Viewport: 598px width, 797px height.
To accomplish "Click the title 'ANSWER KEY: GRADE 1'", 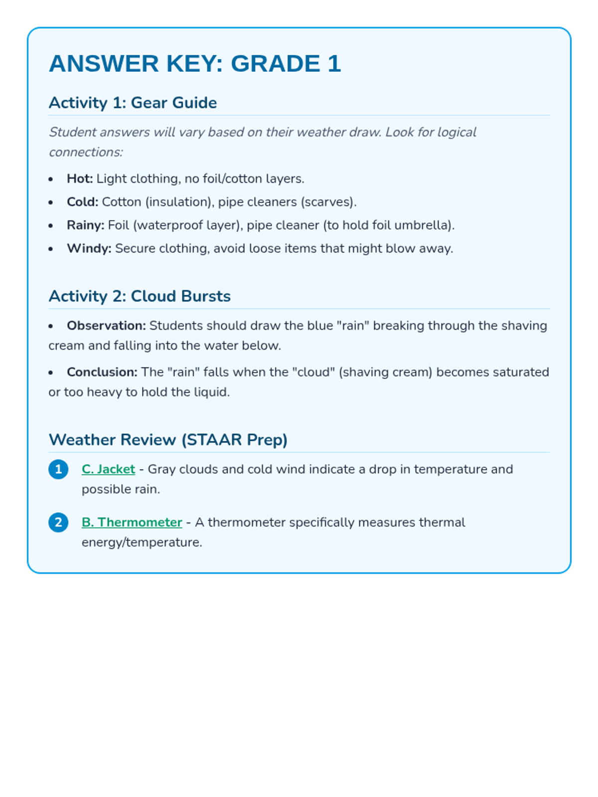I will coord(195,64).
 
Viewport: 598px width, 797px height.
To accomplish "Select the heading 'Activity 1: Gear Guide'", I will coord(133,103).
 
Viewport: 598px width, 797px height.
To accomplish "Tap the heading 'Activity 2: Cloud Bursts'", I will coord(140,296).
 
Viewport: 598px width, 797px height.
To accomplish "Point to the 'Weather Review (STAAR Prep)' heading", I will coord(168,439).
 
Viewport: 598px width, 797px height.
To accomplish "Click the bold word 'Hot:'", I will coord(80,178).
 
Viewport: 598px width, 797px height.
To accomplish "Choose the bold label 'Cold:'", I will coord(82,202).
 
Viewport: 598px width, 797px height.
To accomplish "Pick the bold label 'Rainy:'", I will coord(85,225).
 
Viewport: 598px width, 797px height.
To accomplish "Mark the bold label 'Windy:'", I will coord(89,249).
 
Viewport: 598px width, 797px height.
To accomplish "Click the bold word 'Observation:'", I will coord(106,325).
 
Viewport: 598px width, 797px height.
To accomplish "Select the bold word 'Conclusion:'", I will coord(102,372).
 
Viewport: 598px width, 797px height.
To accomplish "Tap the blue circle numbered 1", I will coord(58,469).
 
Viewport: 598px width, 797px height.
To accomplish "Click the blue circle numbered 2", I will coord(58,522).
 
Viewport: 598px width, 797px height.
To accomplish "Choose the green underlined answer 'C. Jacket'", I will coord(108,469).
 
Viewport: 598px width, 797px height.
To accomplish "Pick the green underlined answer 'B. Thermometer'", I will coord(132,522).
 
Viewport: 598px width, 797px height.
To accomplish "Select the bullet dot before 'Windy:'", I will coord(51,249).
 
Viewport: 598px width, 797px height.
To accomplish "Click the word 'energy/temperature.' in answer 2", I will coord(142,542).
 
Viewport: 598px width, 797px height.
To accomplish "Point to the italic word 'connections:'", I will coord(86,152).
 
